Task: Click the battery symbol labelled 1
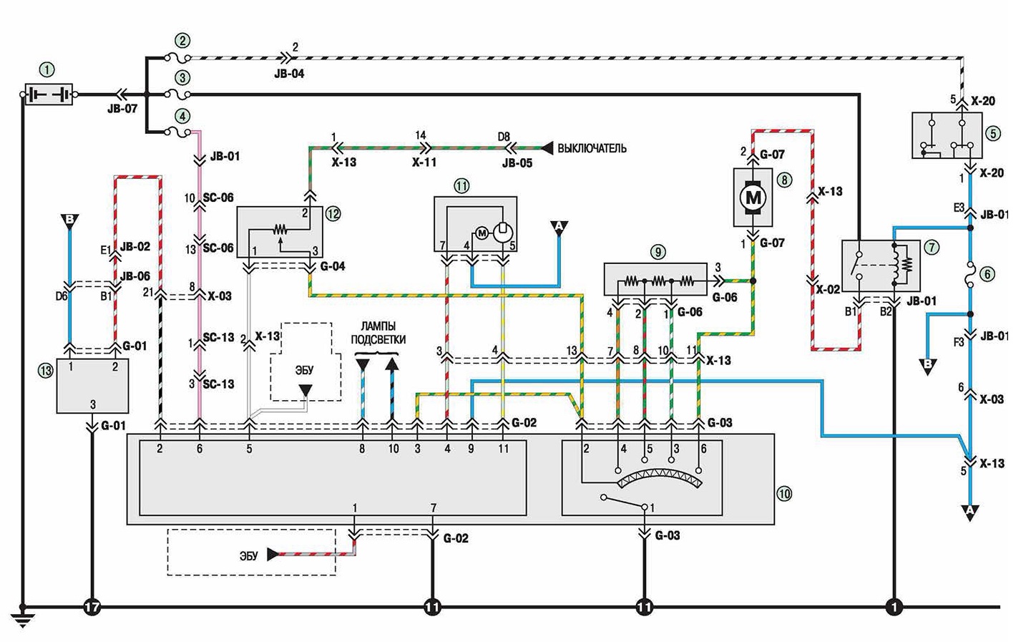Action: [x=49, y=94]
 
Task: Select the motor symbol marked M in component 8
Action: [x=753, y=198]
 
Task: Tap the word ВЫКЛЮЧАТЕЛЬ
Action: [x=592, y=148]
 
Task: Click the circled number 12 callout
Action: [x=333, y=214]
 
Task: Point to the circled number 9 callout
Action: [x=658, y=252]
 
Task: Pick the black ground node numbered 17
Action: [x=92, y=608]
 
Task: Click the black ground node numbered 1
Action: [x=894, y=608]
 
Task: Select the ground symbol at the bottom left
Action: [x=22, y=618]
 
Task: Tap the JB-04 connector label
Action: [x=289, y=74]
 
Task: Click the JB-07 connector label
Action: [x=122, y=110]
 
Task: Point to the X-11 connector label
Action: [x=424, y=162]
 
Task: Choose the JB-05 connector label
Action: [x=517, y=163]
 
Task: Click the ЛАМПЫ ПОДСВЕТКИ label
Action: [x=378, y=334]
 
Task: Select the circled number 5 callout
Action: [x=993, y=134]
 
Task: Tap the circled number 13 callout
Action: [x=46, y=371]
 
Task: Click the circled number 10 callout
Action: [x=784, y=494]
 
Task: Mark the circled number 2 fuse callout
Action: [x=182, y=41]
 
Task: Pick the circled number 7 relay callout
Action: [x=932, y=248]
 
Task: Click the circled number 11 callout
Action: [x=461, y=186]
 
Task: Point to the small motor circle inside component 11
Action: [x=482, y=233]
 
